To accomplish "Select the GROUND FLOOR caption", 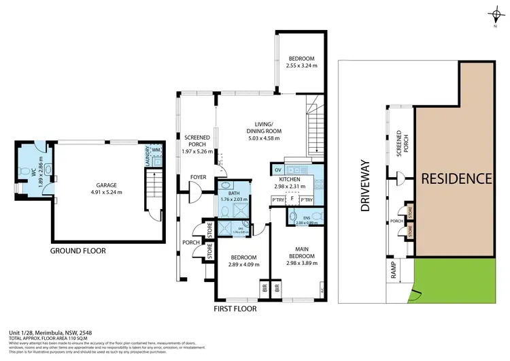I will click(x=78, y=250).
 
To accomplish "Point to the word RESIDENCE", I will click(x=456, y=179).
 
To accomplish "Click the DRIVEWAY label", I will click(x=364, y=190).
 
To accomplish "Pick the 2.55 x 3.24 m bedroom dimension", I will click(x=301, y=66).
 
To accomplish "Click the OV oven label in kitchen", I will click(x=278, y=170).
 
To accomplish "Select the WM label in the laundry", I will click(x=156, y=150).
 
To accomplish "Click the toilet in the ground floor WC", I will click(x=26, y=171).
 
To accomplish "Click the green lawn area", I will click(x=452, y=280).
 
